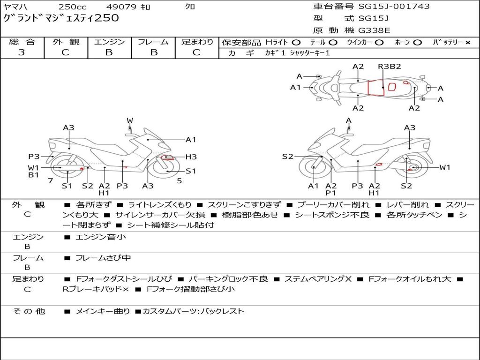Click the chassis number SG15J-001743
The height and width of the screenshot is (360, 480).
coord(394,7)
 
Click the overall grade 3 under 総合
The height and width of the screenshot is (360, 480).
coord(22,52)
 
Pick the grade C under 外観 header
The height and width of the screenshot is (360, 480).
coord(65,52)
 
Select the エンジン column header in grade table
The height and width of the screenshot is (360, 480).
coord(109,42)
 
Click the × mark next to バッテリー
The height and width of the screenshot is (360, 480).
coord(468,43)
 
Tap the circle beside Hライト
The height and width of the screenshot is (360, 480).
coord(296,43)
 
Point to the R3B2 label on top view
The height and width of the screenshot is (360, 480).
coord(390,67)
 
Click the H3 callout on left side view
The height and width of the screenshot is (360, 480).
coord(191,157)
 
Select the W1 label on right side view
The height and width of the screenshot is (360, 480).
coord(445,167)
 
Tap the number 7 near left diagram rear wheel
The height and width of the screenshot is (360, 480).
coord(51,181)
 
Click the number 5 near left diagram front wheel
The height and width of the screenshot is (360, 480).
coord(180,181)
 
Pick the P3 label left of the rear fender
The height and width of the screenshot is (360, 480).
coord(34,157)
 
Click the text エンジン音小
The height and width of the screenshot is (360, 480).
coord(100,237)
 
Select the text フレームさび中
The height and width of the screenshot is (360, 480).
coord(103,258)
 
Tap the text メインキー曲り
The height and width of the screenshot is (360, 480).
coord(103,311)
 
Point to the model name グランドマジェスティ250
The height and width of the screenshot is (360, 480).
coord(61,18)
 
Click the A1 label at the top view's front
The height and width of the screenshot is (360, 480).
coord(295,88)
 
